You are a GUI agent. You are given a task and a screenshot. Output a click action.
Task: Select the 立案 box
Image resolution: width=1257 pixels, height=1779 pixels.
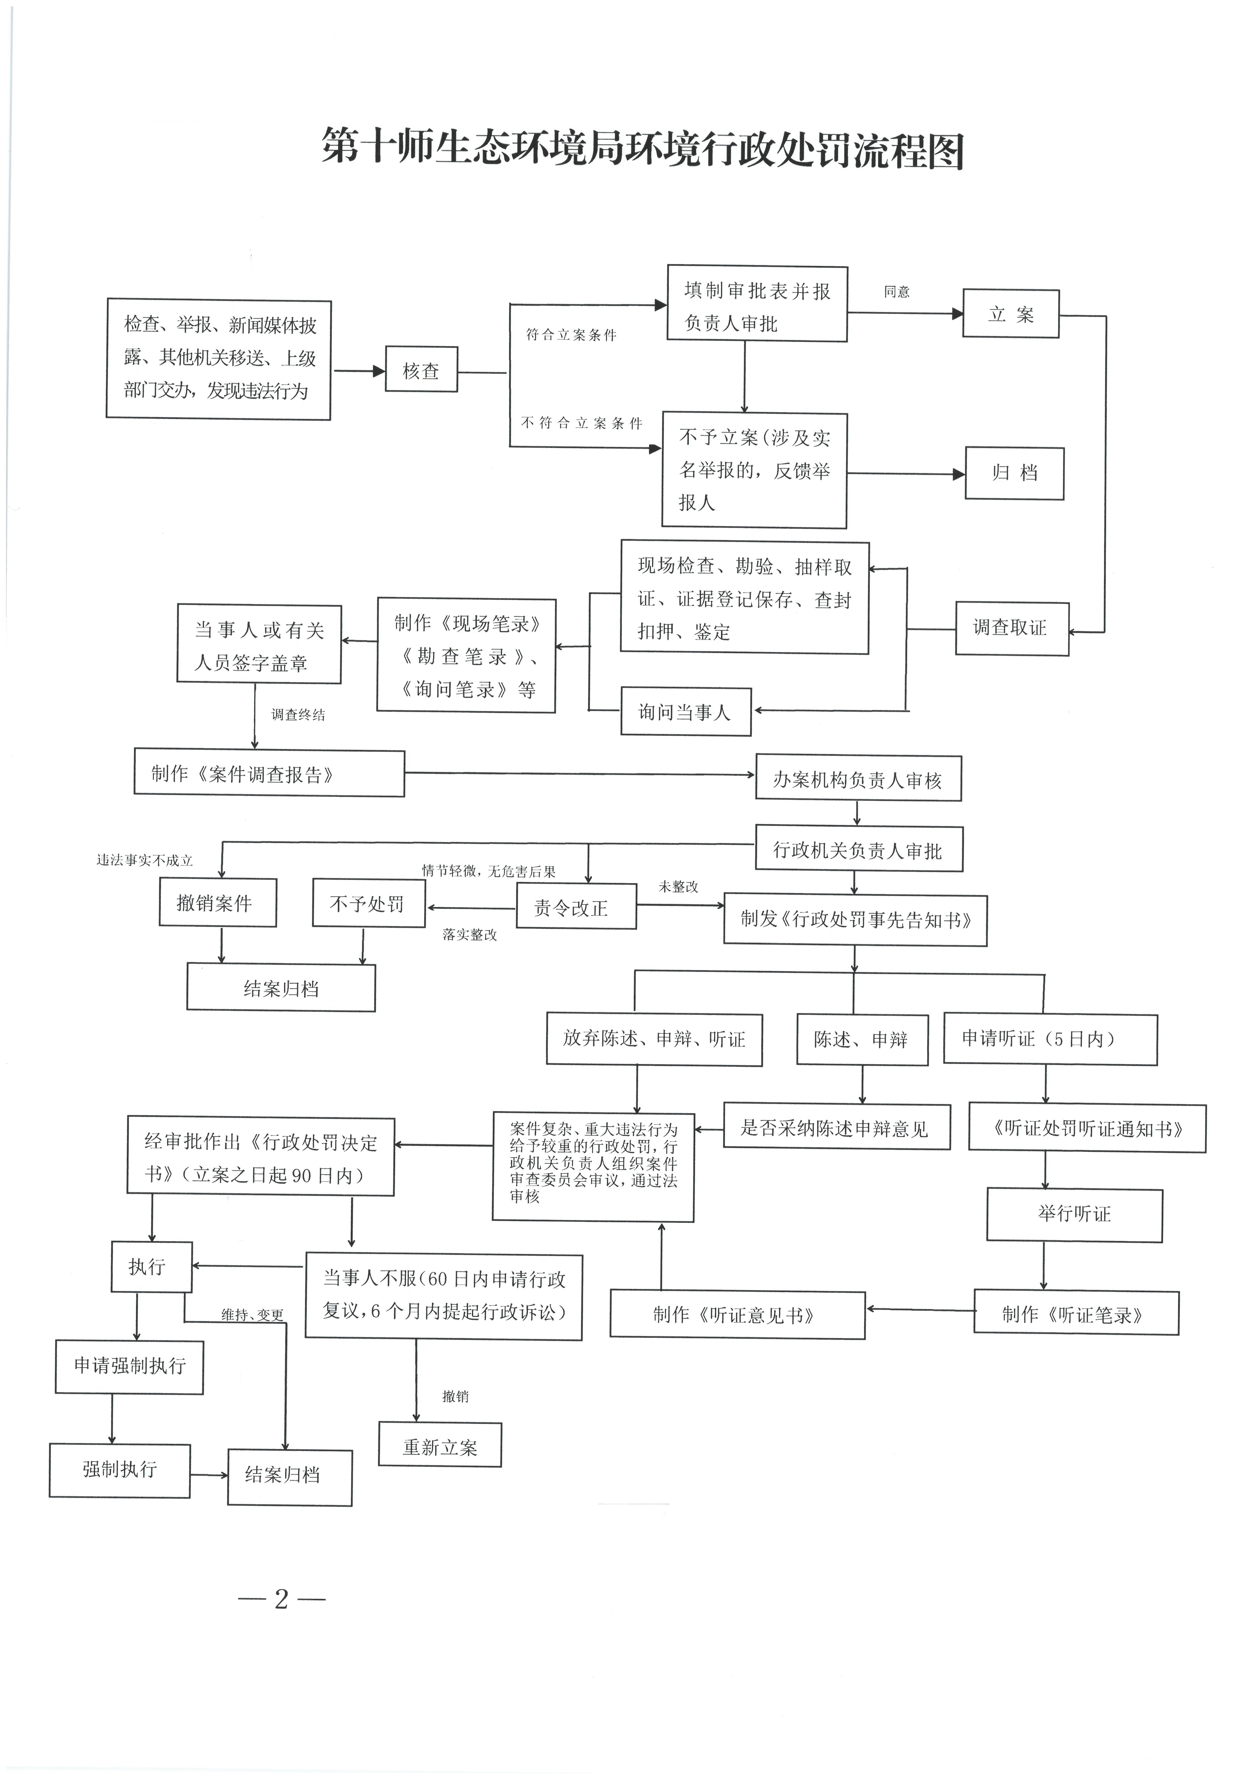pos(1011,314)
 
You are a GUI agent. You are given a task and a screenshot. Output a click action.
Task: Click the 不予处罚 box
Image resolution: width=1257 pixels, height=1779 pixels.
pos(369,903)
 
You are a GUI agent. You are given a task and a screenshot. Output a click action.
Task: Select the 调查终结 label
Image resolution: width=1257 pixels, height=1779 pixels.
pos(298,714)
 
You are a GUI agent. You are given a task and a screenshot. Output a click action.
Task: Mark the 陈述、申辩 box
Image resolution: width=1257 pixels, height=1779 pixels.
pos(861,1039)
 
